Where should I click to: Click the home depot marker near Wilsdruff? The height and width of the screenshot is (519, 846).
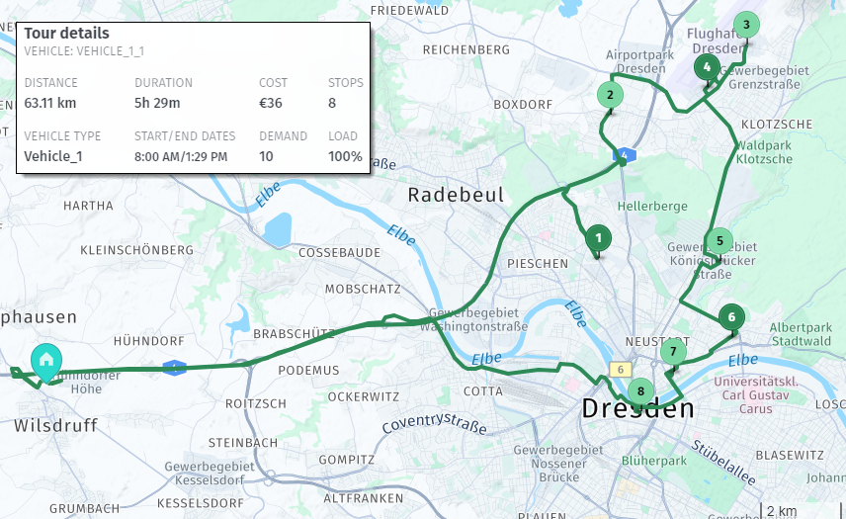pyautogui.click(x=45, y=361)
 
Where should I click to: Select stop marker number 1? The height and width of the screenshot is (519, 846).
pyautogui.click(x=597, y=238)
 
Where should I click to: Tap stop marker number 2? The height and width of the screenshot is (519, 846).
pyautogui.click(x=610, y=96)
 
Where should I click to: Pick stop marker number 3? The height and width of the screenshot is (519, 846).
pyautogui.click(x=746, y=25)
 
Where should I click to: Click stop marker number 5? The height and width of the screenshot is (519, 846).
pyautogui.click(x=719, y=240)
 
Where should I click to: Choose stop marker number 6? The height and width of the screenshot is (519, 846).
pyautogui.click(x=730, y=317)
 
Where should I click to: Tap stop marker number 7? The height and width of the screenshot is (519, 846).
pyautogui.click(x=673, y=351)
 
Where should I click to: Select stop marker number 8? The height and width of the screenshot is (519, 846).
pyautogui.click(x=640, y=391)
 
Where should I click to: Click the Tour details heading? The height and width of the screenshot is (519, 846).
pyautogui.click(x=66, y=34)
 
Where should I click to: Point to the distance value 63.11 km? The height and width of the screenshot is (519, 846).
pyautogui.click(x=50, y=103)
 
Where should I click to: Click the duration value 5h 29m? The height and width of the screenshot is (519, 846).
pyautogui.click(x=157, y=103)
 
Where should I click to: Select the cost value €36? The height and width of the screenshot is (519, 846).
pyautogui.click(x=271, y=103)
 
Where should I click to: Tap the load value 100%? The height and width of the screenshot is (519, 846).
pyautogui.click(x=345, y=156)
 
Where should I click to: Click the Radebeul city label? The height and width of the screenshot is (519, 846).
pyautogui.click(x=456, y=195)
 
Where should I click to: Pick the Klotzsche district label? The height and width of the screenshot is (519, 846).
pyautogui.click(x=776, y=125)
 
